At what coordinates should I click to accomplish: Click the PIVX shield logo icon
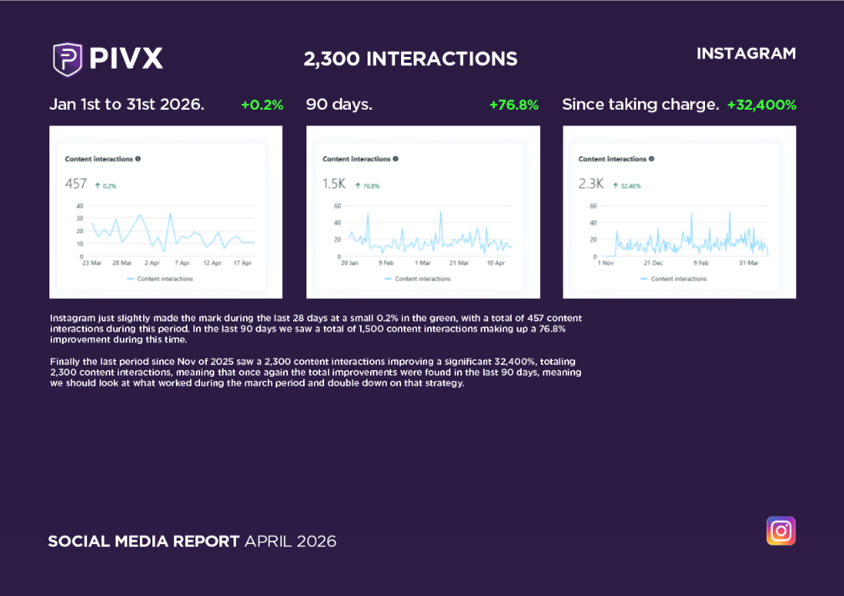68,59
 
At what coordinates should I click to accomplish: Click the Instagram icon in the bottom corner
780,531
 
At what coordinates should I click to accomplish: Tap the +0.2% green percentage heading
262,105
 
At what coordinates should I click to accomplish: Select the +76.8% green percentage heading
513,105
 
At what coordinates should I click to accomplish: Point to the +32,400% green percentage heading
761,105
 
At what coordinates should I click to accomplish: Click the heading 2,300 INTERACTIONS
410,59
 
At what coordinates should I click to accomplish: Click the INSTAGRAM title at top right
746,54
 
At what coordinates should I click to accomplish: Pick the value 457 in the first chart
76,184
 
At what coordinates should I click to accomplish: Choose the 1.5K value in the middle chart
334,184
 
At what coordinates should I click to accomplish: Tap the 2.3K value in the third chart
590,184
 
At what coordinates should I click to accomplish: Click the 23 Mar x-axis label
91,263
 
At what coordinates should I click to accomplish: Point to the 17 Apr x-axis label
241,263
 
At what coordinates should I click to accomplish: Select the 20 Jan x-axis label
349,263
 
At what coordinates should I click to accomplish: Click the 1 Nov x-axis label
605,263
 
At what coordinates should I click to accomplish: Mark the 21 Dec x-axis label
653,263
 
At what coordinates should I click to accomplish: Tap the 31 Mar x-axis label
748,263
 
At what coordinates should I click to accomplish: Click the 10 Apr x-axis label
497,263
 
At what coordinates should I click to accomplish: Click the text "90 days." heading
339,105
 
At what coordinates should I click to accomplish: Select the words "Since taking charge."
641,105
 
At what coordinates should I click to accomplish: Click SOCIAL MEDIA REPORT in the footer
144,542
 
